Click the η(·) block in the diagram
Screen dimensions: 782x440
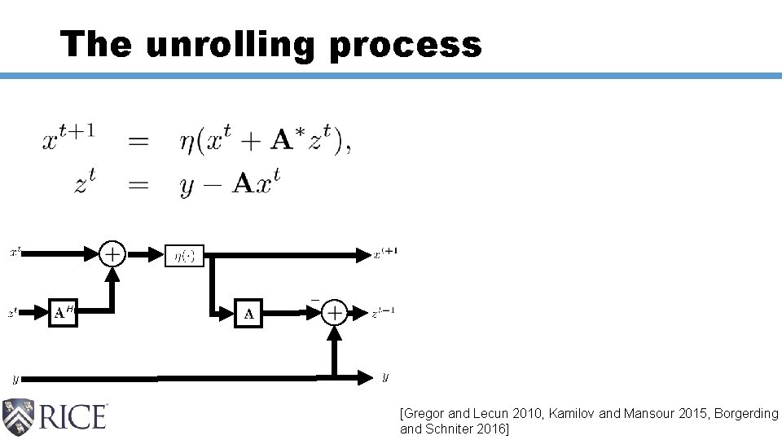[x=184, y=256]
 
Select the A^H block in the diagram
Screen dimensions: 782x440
[x=63, y=312]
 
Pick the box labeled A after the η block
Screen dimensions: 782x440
[x=249, y=312]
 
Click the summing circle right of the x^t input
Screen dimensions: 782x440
[x=113, y=255]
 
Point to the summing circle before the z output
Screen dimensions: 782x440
[x=334, y=312]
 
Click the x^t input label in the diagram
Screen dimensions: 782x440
[x=15, y=253]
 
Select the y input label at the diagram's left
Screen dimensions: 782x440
[x=15, y=379]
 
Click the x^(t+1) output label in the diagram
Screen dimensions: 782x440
[x=385, y=253]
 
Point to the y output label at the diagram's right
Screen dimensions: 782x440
[x=385, y=376]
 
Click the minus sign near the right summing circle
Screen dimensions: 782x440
[x=314, y=301]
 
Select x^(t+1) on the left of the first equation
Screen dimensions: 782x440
[x=74, y=140]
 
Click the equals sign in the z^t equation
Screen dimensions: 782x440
[x=138, y=185]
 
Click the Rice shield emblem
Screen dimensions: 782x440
[x=19, y=416]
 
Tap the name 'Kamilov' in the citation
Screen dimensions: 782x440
[x=572, y=414]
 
